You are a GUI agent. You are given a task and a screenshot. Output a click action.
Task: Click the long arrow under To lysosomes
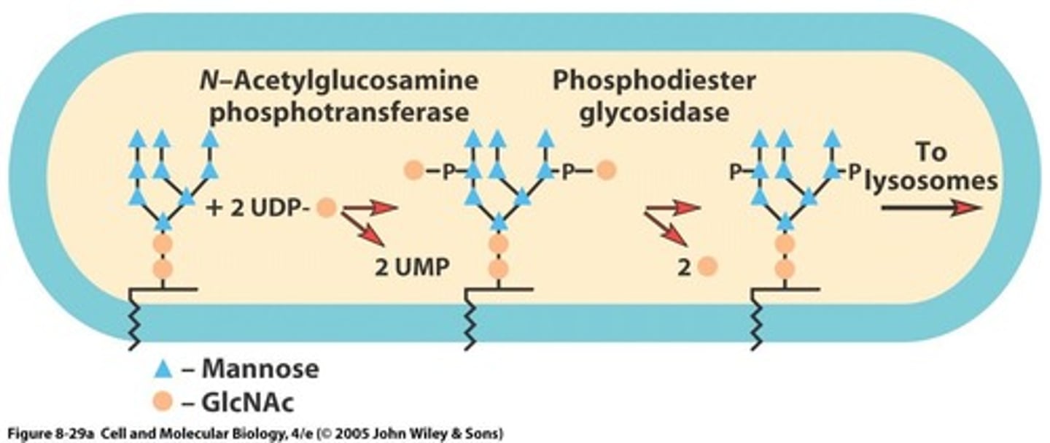click(x=930, y=208)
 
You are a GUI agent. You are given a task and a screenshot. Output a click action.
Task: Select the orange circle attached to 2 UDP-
click(x=327, y=209)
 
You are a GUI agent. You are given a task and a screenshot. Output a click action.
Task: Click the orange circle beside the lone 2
click(x=707, y=267)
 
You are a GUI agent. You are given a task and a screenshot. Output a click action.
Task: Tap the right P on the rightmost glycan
click(x=853, y=172)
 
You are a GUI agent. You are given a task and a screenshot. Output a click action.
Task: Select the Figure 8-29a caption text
click(x=252, y=434)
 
